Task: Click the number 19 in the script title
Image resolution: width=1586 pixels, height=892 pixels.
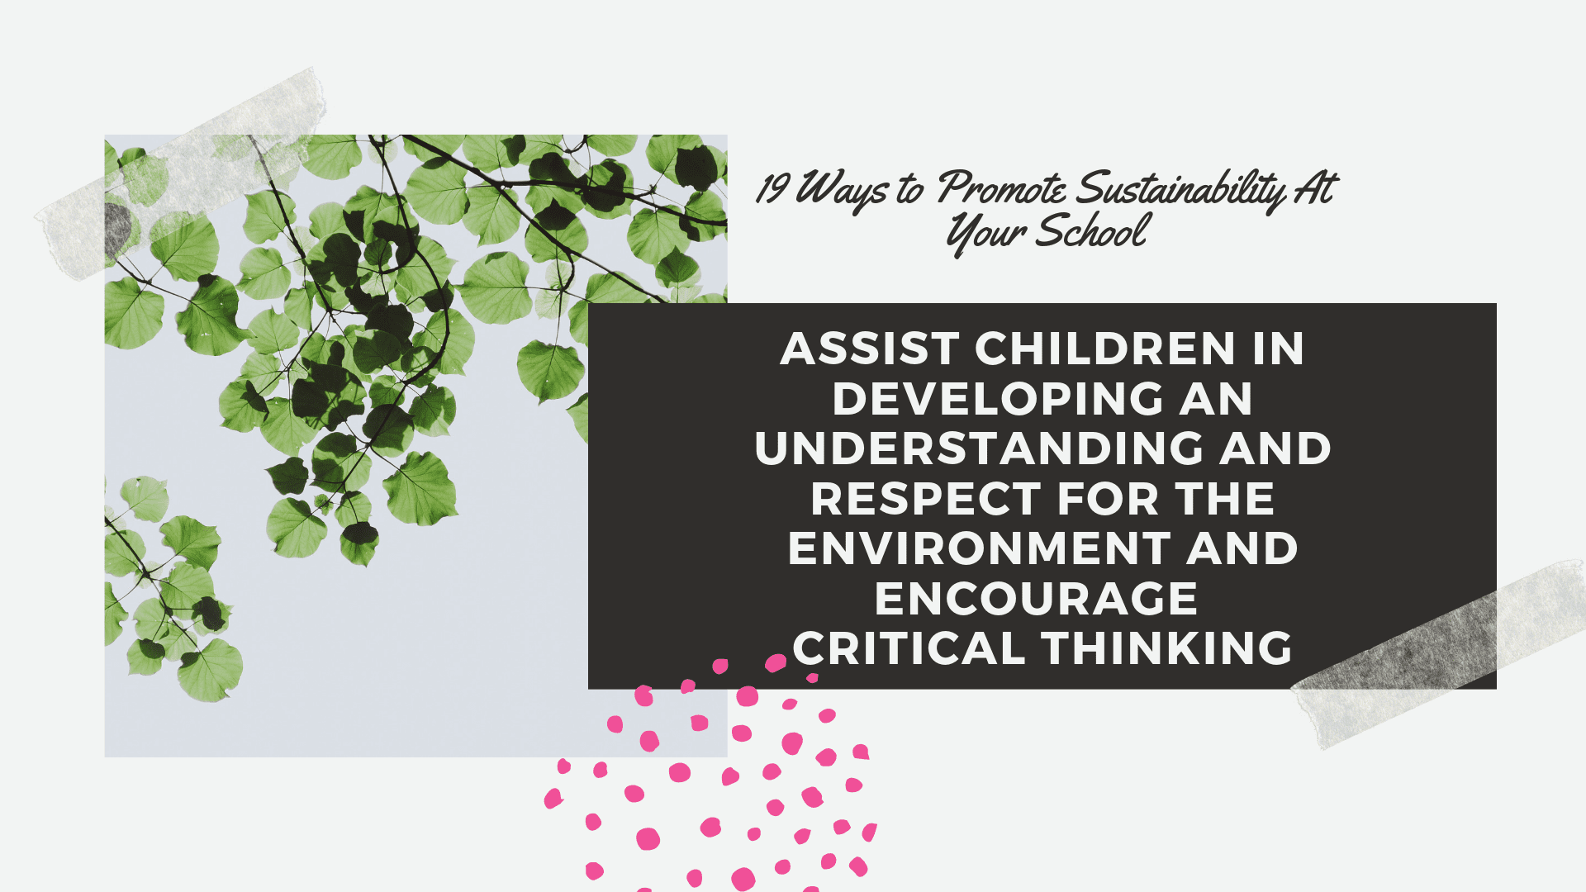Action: click(x=772, y=187)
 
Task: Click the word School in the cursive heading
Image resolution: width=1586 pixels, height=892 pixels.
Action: click(x=1091, y=230)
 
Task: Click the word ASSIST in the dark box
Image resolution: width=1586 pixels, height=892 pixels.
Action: click(x=870, y=349)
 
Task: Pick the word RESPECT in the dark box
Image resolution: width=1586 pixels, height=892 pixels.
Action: click(x=926, y=499)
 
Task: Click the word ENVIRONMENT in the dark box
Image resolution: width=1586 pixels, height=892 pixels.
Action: click(x=979, y=548)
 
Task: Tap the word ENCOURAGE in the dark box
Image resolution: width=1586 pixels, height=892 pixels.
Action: click(x=1036, y=599)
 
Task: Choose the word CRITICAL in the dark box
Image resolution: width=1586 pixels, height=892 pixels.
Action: click(x=909, y=648)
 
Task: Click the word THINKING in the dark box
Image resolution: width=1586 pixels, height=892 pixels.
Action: click(x=1167, y=648)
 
